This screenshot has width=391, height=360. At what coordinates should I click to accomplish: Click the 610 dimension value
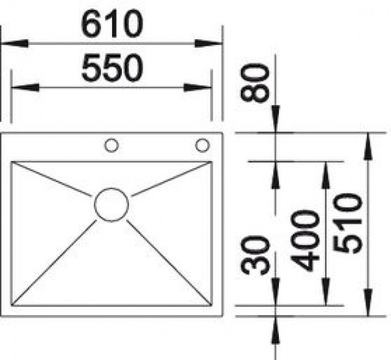pyautogui.click(x=111, y=25)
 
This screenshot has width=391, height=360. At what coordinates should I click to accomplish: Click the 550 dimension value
pyautogui.click(x=111, y=68)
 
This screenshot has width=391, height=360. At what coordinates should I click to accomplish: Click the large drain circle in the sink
pyautogui.click(x=111, y=204)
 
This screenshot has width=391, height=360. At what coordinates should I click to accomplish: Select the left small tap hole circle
pyautogui.click(x=111, y=144)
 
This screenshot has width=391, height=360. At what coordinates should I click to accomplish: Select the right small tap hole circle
pyautogui.click(x=203, y=144)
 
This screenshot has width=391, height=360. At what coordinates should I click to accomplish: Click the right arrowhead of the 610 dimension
pyautogui.click(x=209, y=44)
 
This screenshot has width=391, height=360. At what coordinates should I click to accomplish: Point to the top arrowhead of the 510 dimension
pyautogui.click(x=369, y=145)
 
